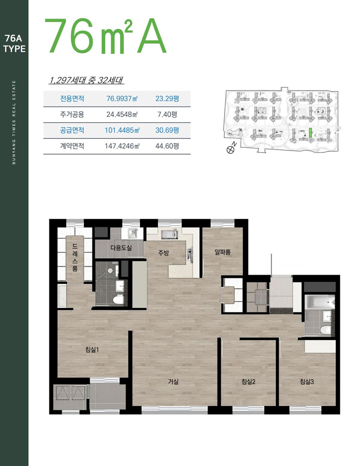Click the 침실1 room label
pos(92,349)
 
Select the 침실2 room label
pos(248,381)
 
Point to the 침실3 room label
pos(307,381)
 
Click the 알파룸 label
pos(223,252)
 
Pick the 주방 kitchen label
pos(163,253)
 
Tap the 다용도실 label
pos(121,248)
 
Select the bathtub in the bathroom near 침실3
pos(319,302)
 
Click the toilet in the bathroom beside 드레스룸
pos(118,299)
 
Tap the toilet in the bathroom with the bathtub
pos(325,330)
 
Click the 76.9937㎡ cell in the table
pos(122,99)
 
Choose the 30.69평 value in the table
pos(167,130)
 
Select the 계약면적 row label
pos(72,146)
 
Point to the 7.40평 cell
pos(167,114)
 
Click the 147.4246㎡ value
pos(122,146)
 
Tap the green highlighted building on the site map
pos(310,133)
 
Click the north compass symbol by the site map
pos(230,150)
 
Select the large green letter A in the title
pos(151,36)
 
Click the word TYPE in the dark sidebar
pos(14,49)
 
